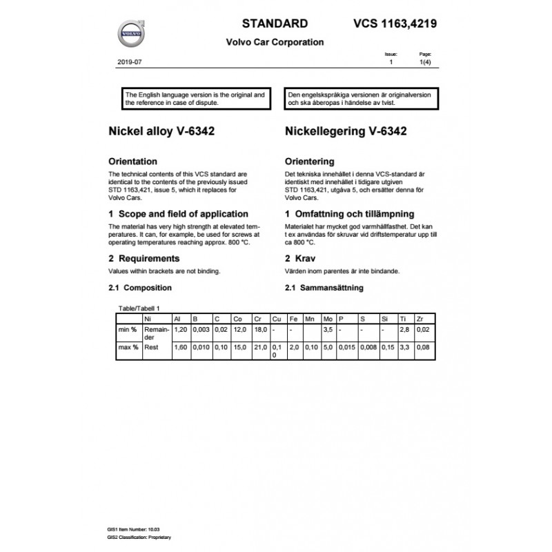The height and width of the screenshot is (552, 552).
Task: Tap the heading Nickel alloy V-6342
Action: click(157, 131)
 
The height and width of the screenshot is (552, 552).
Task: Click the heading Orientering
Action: click(310, 161)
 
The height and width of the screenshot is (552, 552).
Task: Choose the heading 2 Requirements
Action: click(144, 258)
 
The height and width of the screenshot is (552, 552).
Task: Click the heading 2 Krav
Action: click(302, 258)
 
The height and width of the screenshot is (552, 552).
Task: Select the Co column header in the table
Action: click(238, 319)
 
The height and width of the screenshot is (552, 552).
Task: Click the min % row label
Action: click(126, 331)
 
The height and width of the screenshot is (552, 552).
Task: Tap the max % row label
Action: click(127, 347)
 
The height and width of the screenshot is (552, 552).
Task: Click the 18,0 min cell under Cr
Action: click(260, 331)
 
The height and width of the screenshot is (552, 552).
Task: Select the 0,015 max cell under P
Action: click(347, 347)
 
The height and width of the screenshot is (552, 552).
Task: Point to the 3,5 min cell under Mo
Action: click(327, 331)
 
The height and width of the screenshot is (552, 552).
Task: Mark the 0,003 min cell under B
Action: click(201, 331)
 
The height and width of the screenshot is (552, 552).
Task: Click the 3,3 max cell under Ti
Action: click(404, 347)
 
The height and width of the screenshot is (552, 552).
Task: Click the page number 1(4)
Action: click(426, 62)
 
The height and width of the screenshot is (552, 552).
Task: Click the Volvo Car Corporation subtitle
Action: click(275, 42)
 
